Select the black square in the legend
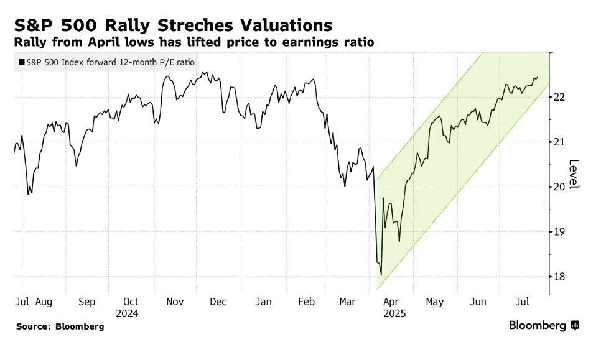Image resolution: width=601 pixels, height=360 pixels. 22,62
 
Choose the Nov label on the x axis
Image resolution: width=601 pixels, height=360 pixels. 175,302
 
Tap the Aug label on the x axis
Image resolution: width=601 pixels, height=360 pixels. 44,302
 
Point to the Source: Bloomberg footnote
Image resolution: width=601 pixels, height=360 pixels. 60,326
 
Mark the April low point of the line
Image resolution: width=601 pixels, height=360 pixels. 381,275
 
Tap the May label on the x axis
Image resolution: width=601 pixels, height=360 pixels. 435,302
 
